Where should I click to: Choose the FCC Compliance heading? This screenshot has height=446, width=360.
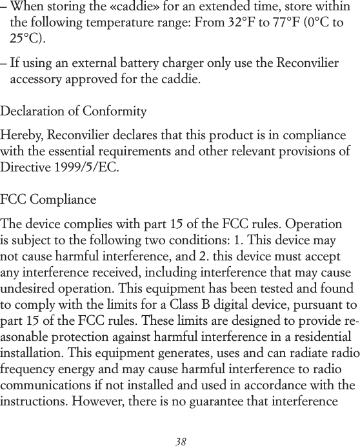pos(48,199)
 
